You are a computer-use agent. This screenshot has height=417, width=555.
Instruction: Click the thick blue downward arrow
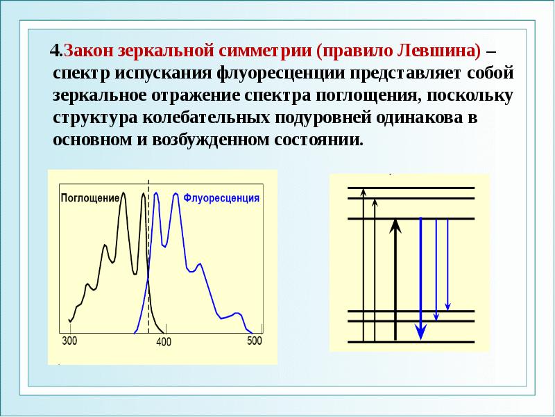(x=420, y=278)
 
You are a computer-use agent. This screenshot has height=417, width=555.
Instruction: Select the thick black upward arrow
(x=395, y=278)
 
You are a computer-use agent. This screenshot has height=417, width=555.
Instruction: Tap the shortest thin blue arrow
(x=448, y=264)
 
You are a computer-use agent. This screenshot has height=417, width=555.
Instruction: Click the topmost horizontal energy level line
(x=410, y=188)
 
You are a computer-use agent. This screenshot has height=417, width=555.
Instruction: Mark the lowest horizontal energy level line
(x=410, y=341)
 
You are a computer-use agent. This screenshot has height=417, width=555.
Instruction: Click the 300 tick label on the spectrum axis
(x=70, y=340)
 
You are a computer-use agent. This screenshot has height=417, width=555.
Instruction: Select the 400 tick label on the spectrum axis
(x=163, y=342)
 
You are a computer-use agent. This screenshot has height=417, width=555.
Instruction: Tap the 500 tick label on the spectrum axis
(x=255, y=340)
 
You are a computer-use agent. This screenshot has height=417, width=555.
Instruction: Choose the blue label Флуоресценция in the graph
(x=222, y=197)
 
